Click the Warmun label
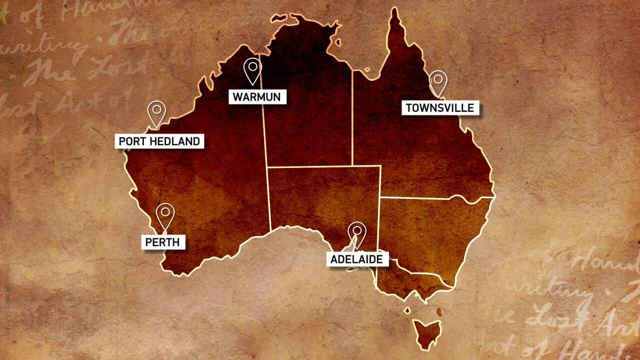point(257,97)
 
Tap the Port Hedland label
point(159,141)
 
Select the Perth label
point(163,243)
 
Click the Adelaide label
point(357,259)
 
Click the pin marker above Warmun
point(252,70)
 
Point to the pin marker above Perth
point(165,215)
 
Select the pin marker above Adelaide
point(357,233)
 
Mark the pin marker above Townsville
point(438,82)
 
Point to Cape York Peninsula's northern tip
point(394,10)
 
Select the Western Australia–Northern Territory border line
point(264,125)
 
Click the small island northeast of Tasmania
point(439,312)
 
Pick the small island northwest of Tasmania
point(407,310)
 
